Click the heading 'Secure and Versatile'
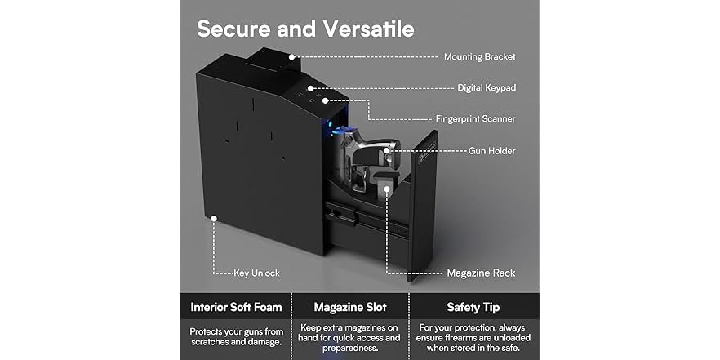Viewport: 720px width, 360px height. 305,29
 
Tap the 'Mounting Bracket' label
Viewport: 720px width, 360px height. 479,57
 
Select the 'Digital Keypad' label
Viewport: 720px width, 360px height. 486,87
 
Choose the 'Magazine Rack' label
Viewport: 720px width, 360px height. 481,273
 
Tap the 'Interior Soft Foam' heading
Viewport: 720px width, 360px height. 237,308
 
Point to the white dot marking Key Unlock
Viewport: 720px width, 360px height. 213,218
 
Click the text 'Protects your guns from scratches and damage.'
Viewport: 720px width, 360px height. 237,337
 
